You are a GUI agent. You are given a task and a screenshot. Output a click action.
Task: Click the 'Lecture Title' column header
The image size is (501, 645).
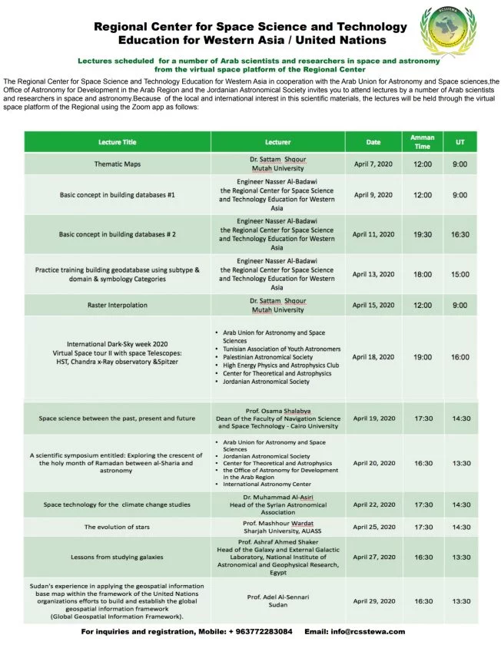(118, 142)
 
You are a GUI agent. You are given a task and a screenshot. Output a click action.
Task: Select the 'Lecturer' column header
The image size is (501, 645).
(277, 142)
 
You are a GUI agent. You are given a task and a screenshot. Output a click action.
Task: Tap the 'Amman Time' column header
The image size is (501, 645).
(422, 142)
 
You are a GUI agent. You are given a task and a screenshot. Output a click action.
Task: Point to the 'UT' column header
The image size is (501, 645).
(460, 142)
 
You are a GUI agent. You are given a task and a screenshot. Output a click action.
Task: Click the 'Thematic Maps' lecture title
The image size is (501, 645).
(118, 164)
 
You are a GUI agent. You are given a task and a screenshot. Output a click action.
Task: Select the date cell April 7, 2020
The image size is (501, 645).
(373, 164)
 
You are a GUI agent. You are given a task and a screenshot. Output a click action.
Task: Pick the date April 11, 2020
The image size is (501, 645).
(373, 234)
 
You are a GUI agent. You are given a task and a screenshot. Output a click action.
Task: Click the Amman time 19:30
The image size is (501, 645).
(422, 234)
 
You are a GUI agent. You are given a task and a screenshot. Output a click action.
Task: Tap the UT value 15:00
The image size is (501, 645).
(460, 274)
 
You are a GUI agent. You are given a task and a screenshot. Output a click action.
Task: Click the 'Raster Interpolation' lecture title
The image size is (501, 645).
(118, 305)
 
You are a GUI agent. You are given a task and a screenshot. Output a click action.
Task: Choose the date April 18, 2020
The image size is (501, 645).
(373, 357)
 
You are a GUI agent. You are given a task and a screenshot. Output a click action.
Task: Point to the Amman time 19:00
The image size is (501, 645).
(422, 357)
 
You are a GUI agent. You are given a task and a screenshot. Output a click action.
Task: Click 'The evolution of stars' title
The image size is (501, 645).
(118, 527)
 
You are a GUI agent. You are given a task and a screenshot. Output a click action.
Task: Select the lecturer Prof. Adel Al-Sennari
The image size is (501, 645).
(277, 596)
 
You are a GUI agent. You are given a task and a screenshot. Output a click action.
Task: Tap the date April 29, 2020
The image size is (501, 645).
(373, 600)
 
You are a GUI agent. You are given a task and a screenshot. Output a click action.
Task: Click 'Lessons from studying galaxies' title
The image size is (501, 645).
(118, 558)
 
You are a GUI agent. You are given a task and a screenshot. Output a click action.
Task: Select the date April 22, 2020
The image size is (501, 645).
(373, 504)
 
